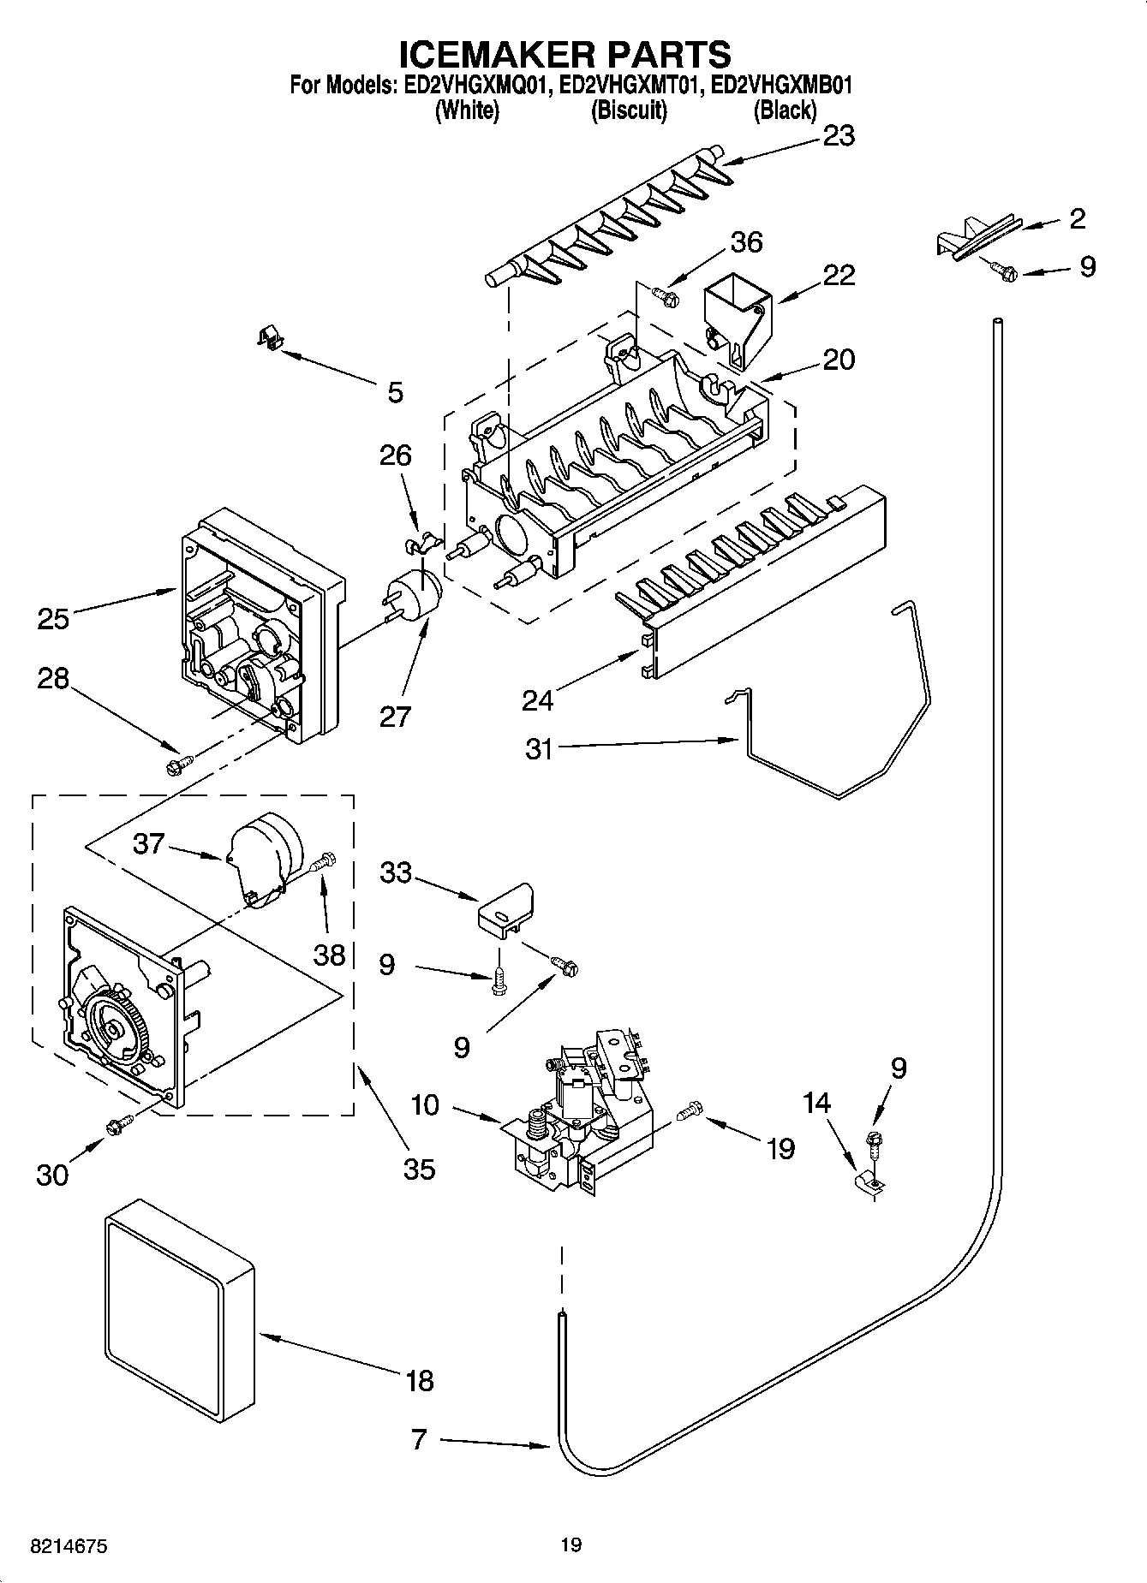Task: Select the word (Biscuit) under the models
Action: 629,110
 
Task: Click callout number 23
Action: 838,136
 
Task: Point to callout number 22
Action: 838,275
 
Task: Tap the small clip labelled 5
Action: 272,338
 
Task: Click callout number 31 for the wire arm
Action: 539,749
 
